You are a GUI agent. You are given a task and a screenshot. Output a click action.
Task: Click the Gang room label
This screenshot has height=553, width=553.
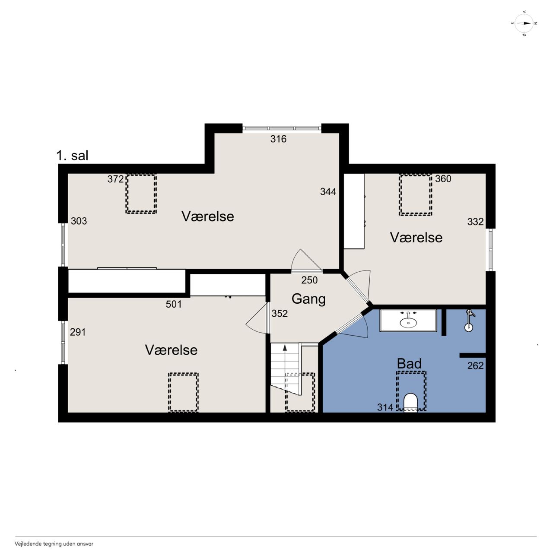pos(308,299)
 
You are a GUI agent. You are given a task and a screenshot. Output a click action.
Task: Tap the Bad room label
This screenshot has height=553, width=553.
pos(409,364)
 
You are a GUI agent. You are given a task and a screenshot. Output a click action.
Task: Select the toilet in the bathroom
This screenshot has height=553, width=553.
pos(410,403)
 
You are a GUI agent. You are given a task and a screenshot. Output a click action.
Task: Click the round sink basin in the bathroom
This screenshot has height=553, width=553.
pos(408,323)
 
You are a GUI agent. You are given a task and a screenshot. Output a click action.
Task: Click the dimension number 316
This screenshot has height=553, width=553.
pos(278,139)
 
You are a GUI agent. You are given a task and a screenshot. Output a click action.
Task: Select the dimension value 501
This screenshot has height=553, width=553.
pos(174,304)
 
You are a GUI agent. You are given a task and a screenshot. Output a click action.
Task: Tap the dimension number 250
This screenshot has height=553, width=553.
pos(309,280)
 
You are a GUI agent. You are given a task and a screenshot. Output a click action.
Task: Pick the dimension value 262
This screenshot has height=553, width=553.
pos(476,365)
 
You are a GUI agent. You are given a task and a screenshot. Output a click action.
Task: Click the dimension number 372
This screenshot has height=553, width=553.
pos(116,179)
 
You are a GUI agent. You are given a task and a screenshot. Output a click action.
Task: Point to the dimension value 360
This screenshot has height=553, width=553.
pos(443,179)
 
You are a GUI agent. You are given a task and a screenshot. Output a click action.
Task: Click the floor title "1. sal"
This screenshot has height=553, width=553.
pos(72,156)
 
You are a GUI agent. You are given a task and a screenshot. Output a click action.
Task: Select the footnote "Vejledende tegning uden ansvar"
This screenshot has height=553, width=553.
pos(54,544)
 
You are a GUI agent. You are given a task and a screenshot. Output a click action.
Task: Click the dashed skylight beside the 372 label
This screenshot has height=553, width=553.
pos(141,194)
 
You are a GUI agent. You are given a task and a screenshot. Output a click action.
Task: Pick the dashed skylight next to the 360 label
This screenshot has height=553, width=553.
pos(416,194)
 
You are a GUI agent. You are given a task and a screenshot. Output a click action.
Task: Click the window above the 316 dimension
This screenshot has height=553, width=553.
pos(282,128)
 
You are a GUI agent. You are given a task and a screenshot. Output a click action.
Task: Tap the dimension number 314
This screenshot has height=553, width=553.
pos(385,407)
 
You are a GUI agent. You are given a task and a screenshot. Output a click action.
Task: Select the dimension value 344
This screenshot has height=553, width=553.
pos(328,191)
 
